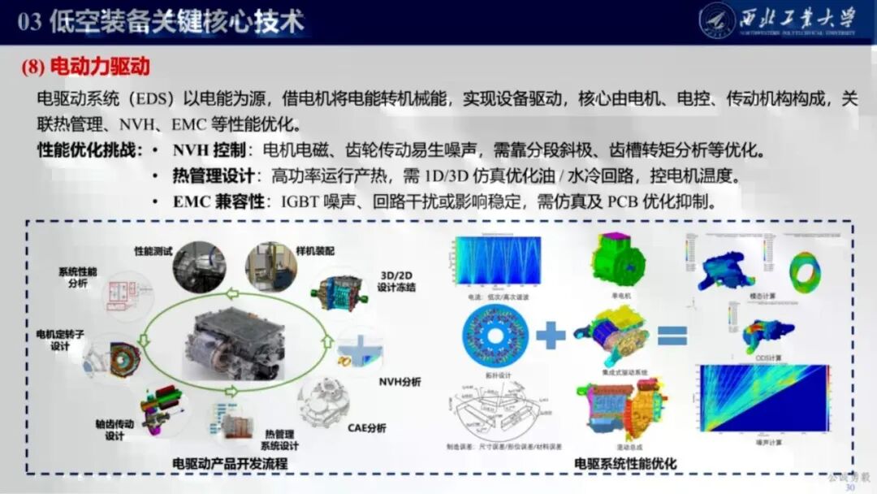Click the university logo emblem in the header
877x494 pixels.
pyautogui.click(x=717, y=20)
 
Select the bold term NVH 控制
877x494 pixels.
pyautogui.click(x=202, y=151)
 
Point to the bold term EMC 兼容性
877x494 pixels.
pyautogui.click(x=218, y=201)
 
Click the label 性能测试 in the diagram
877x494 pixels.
pyautogui.click(x=153, y=251)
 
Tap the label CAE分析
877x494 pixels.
pyautogui.click(x=366, y=428)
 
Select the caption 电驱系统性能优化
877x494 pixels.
pyautogui.click(x=625, y=464)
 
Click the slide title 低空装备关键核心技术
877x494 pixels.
pyautogui.click(x=176, y=22)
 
